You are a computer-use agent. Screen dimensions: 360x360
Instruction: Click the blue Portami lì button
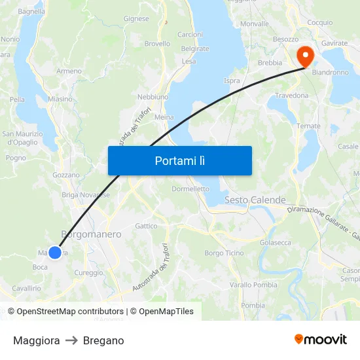tap(179, 160)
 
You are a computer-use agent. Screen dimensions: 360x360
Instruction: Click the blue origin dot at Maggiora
tap(55, 252)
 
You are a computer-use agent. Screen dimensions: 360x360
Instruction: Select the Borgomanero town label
tap(91, 234)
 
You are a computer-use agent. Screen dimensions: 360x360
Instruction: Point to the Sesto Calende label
tap(255, 200)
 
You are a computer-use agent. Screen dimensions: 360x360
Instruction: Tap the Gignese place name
tap(136, 19)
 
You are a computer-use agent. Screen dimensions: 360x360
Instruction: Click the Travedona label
tap(291, 95)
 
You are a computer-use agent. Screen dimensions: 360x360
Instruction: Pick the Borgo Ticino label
tap(224, 253)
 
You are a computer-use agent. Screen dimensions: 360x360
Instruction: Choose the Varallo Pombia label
tap(253, 285)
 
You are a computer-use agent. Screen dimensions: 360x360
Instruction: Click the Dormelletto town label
tap(190, 189)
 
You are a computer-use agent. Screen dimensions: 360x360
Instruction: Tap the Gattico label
tap(146, 226)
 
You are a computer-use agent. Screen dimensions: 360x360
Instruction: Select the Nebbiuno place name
tap(153, 97)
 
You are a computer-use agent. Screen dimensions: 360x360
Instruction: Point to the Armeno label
tap(69, 71)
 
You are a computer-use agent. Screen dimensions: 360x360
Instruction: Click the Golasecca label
tap(275, 242)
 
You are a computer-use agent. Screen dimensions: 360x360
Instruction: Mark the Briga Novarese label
tap(85, 194)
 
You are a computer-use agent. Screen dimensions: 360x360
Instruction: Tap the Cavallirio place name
tap(26, 288)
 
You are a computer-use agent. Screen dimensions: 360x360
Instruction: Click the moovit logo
tap(321, 339)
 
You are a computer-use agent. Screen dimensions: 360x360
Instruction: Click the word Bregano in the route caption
tap(103, 340)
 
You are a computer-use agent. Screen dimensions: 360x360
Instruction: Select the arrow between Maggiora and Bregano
tap(71, 340)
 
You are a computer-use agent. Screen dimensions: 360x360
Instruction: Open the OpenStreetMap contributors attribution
tap(70, 312)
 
